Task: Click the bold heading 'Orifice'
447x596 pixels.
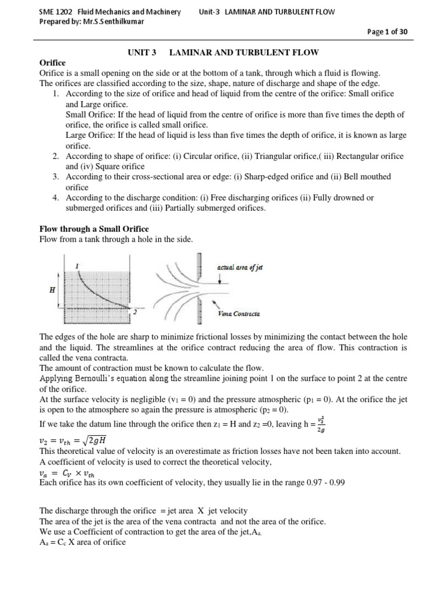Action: [x=52, y=63]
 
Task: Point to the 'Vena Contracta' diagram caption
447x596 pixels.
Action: [x=239, y=314]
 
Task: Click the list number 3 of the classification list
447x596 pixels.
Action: [x=54, y=176]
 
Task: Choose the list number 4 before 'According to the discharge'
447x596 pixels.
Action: [x=54, y=198]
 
